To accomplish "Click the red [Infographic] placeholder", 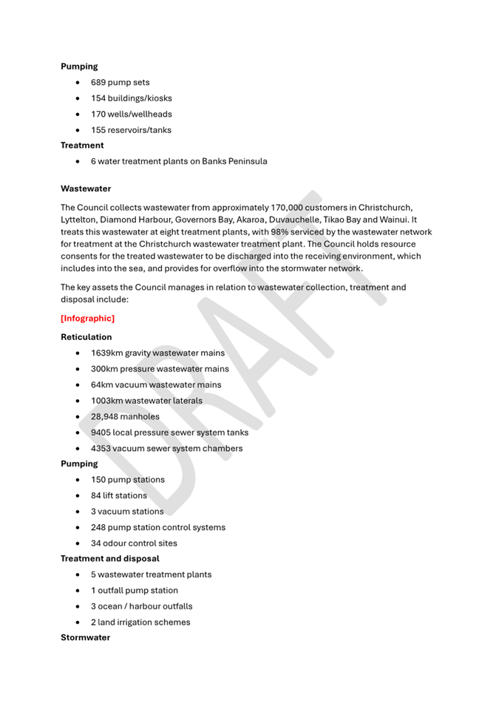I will click(x=87, y=319).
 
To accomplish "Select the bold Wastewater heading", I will click(x=86, y=189).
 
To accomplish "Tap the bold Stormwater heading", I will click(x=85, y=637).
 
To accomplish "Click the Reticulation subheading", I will click(x=86, y=337).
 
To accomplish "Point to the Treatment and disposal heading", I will click(x=109, y=558).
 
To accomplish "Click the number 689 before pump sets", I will click(x=98, y=82).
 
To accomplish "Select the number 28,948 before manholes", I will click(x=104, y=416).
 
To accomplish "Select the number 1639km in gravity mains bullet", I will click(x=106, y=353).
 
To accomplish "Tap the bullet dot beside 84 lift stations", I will click(x=78, y=496).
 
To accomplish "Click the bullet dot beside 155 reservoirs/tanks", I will click(x=78, y=130).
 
